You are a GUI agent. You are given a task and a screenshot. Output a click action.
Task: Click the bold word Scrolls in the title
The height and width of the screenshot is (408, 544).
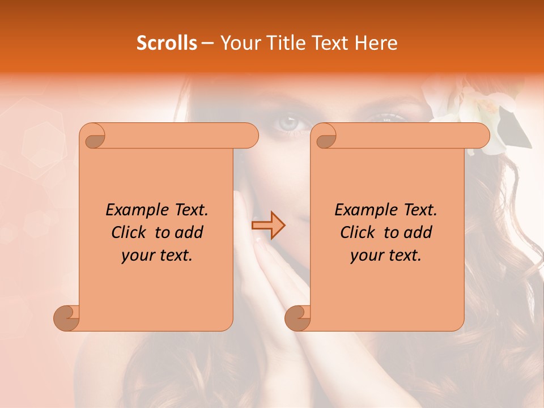coord(167,42)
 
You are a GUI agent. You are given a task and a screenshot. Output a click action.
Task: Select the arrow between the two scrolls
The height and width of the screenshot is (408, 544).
coord(268,226)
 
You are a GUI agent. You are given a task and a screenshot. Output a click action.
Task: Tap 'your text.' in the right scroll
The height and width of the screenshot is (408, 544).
coord(386,256)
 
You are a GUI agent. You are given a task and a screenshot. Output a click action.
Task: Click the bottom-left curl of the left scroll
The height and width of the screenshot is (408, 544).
coord(67,318)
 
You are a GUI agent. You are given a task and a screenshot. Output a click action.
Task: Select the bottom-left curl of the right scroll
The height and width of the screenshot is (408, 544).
coord(297,318)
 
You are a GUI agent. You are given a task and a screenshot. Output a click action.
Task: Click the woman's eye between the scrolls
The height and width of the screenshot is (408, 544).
coord(288,122)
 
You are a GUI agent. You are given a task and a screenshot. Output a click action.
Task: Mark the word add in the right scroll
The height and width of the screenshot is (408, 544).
coord(419,232)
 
